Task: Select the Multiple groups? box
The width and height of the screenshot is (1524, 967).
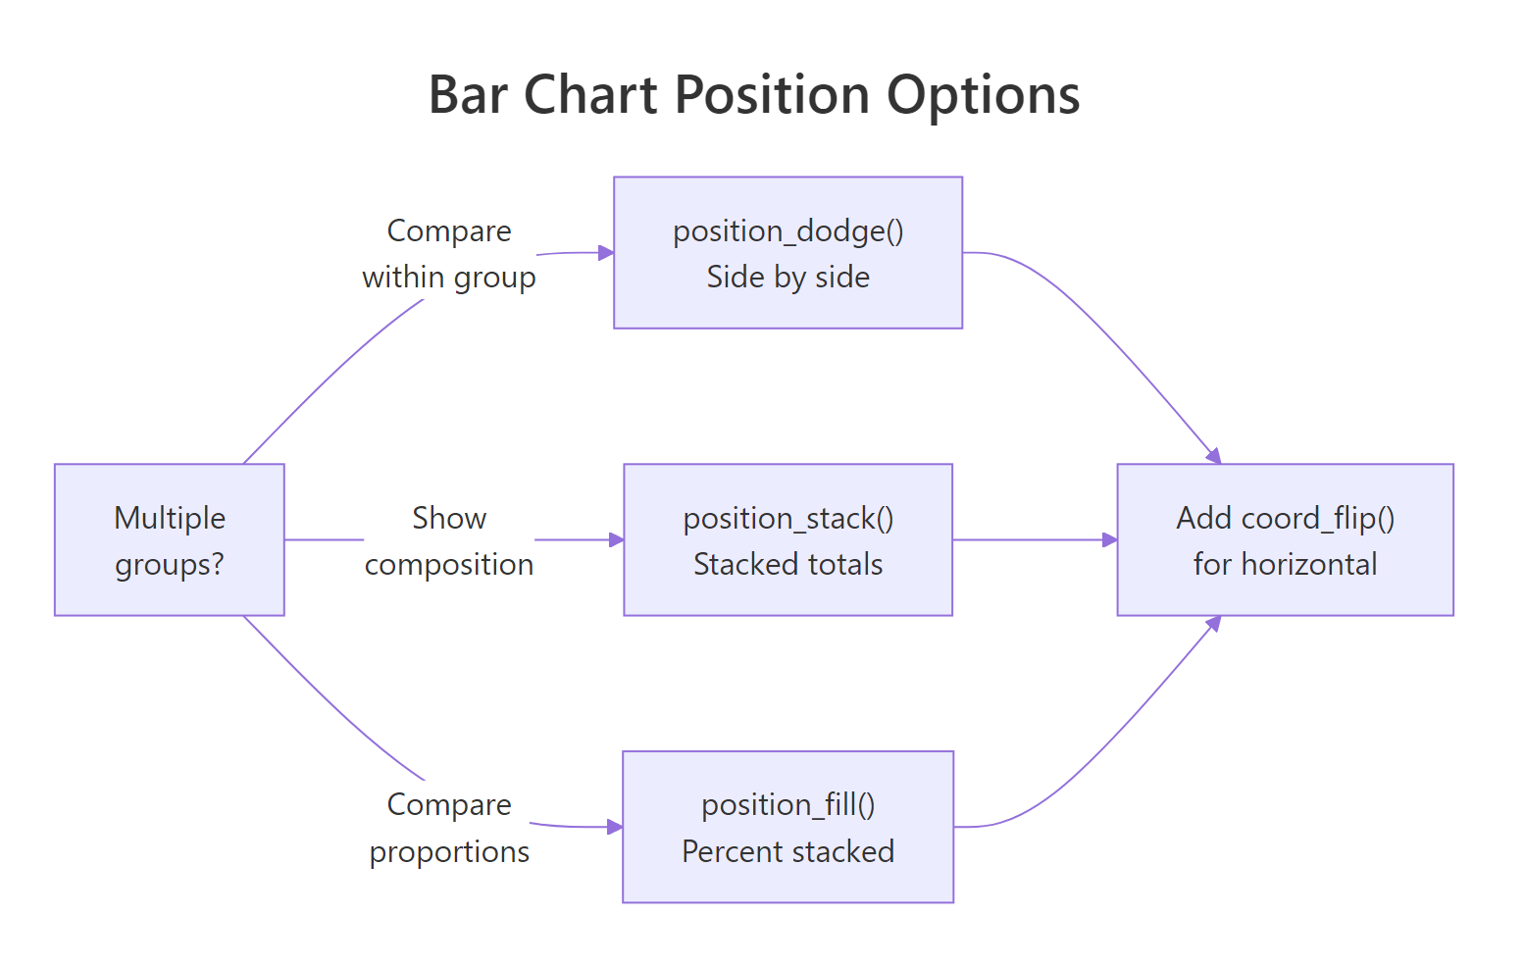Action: (169, 539)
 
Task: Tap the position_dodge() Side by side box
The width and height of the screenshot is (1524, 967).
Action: (787, 252)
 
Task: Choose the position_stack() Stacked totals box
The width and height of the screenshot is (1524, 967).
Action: (787, 539)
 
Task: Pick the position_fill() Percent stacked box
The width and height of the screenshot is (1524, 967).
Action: (787, 827)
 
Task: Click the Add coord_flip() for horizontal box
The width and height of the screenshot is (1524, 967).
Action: (1285, 539)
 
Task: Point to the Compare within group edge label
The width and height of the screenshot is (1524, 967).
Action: (449, 254)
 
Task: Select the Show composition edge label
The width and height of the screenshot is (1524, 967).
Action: (449, 540)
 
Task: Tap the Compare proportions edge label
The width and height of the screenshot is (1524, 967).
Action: (449, 828)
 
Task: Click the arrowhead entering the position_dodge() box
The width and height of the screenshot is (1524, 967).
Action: (606, 252)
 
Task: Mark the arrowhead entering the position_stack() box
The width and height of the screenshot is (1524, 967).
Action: (617, 539)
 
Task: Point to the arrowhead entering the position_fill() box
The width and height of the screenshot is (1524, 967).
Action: (615, 827)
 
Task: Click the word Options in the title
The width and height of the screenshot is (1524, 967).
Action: (983, 96)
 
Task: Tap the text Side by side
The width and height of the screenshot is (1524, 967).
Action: (787, 278)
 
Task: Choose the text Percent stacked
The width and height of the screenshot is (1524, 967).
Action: (787, 851)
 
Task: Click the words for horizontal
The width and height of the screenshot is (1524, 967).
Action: (1285, 565)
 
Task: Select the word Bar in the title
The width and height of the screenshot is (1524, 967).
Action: (468, 96)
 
